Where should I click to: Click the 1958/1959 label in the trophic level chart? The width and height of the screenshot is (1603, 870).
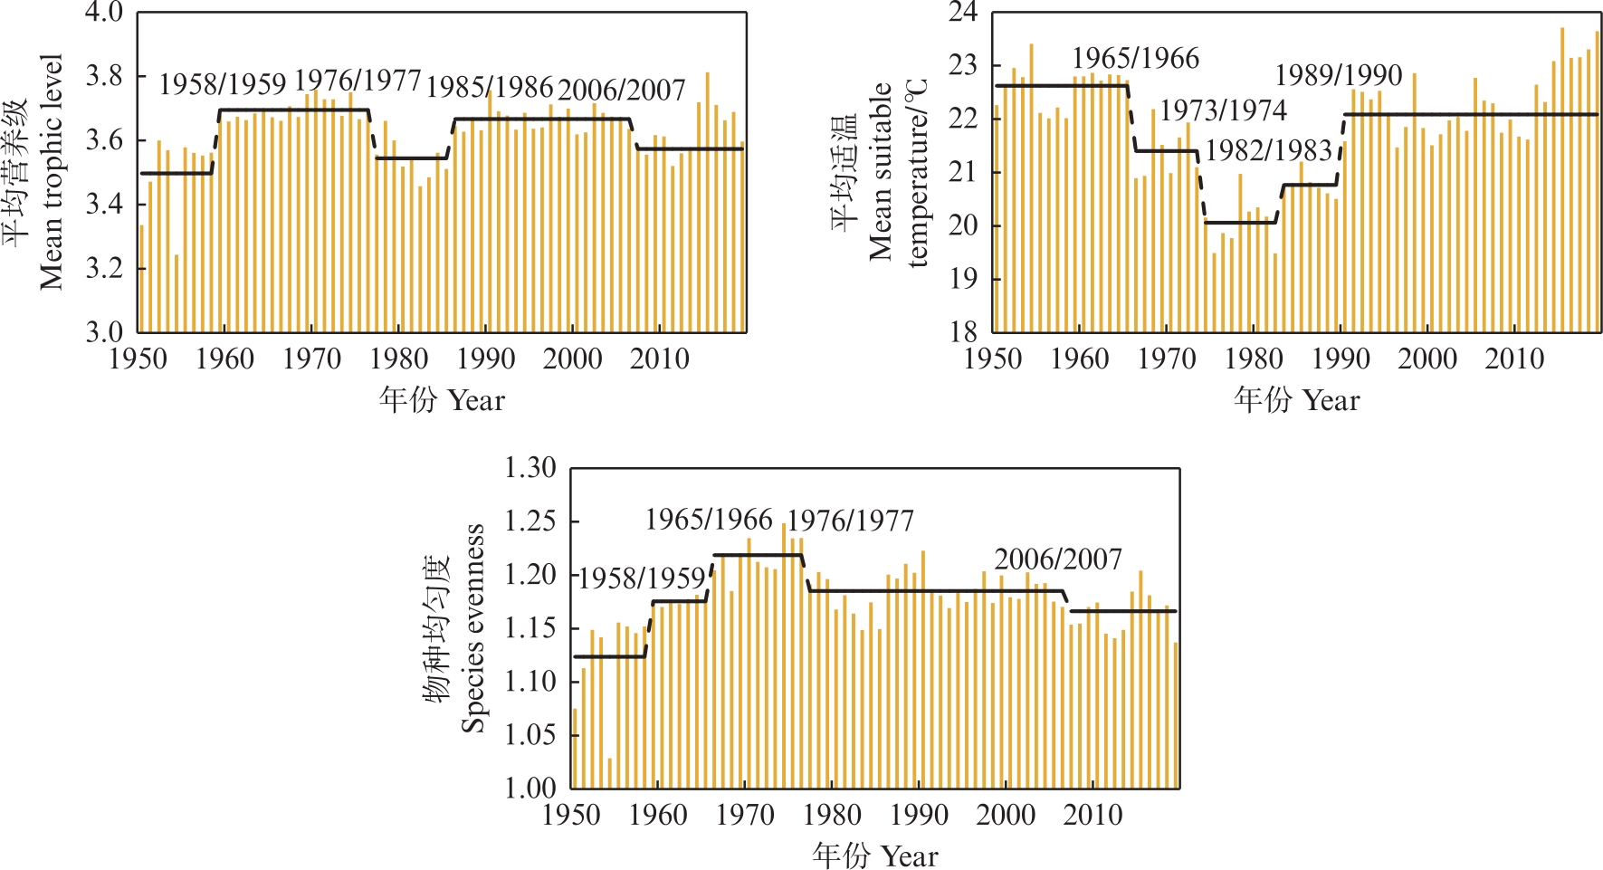[223, 84]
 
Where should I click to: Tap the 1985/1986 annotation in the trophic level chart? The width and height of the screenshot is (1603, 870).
[490, 87]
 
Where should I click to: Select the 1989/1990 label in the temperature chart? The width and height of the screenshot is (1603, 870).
[1339, 75]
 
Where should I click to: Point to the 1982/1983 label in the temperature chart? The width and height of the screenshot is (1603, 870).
[1269, 150]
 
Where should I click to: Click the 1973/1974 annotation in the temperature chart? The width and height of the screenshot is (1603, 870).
[1223, 110]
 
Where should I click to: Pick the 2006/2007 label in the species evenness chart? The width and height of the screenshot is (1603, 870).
[1058, 559]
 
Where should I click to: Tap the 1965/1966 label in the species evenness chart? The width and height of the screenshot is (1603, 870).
[709, 520]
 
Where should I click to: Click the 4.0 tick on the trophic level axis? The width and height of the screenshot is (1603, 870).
[103, 13]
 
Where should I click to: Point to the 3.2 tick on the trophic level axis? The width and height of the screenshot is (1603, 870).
[103, 269]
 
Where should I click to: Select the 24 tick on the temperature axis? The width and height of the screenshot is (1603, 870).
[963, 13]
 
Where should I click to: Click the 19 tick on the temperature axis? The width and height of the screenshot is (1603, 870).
[963, 279]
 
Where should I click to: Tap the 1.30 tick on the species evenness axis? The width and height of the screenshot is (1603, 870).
[530, 468]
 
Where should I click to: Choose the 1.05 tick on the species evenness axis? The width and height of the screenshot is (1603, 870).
[530, 734]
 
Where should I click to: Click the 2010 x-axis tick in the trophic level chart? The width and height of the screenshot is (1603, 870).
[660, 359]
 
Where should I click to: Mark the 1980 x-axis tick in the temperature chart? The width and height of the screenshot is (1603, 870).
[1254, 359]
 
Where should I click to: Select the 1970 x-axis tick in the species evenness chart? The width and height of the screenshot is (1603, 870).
[745, 815]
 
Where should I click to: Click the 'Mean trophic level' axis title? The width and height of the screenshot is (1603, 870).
[51, 172]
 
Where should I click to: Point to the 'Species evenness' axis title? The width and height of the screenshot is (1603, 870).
[472, 627]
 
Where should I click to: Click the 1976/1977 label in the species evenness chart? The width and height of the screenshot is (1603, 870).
[850, 521]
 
